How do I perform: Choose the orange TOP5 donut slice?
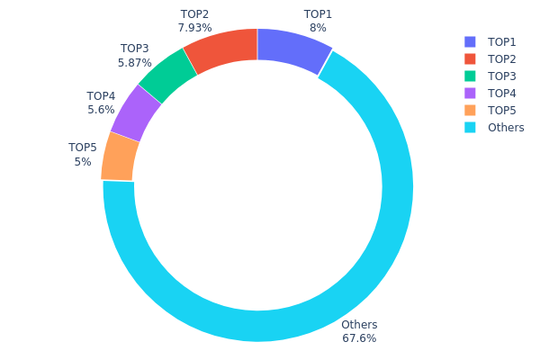pos(121,157)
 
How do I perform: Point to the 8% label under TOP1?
pos(318,28)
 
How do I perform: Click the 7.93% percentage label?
pos(194,28)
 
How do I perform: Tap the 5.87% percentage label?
pos(135,63)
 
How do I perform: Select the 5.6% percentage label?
pos(101,110)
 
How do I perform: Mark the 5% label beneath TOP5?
pos(83,162)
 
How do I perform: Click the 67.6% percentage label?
pos(359,338)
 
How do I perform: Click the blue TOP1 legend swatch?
pos(470,42)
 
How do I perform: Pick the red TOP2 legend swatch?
pos(470,59)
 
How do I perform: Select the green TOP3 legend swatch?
pos(470,76)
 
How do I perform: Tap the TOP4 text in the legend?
pos(502,94)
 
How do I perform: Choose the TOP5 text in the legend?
pos(502,111)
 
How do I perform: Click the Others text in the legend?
pos(506,128)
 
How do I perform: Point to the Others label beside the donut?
pos(359,325)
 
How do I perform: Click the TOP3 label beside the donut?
pos(135,49)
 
